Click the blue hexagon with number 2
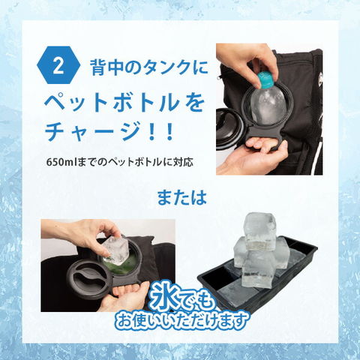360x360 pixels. (x=58, y=67)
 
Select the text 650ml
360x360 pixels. (x=61, y=162)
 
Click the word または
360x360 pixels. (x=182, y=197)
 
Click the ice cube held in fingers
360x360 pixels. (x=115, y=251)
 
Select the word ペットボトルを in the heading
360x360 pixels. (x=124, y=103)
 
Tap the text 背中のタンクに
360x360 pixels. (x=149, y=67)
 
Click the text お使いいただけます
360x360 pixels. (x=182, y=320)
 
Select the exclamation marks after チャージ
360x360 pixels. (x=162, y=132)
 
